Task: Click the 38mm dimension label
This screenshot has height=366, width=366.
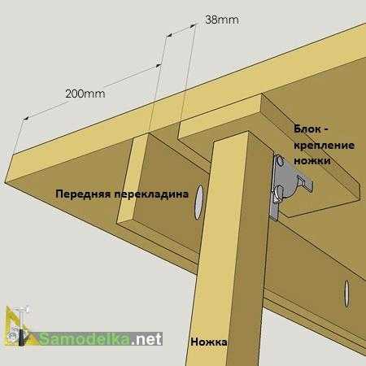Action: [x=222, y=20]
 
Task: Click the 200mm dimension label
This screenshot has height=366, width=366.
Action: [x=85, y=94]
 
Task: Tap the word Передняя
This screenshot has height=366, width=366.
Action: [x=83, y=194]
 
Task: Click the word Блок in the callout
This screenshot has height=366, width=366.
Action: [x=307, y=129]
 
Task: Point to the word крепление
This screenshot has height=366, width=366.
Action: [x=325, y=146]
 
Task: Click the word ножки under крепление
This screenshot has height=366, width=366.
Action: [x=312, y=161]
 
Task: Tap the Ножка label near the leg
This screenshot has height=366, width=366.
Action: [x=209, y=342]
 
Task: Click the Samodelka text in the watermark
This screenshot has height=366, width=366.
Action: [x=84, y=338]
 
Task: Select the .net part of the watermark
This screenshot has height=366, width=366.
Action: [x=146, y=339]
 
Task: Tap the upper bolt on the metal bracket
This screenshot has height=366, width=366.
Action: [x=280, y=161]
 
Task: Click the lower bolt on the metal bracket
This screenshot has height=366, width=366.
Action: [x=279, y=192]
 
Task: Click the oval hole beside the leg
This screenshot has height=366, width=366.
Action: [x=199, y=203]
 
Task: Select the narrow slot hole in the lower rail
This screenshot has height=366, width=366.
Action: [x=346, y=294]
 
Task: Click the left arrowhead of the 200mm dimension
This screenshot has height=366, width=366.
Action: [x=26, y=119]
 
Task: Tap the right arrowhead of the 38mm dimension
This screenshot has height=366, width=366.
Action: [x=193, y=25]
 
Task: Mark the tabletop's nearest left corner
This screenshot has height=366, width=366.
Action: [x=5, y=181]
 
